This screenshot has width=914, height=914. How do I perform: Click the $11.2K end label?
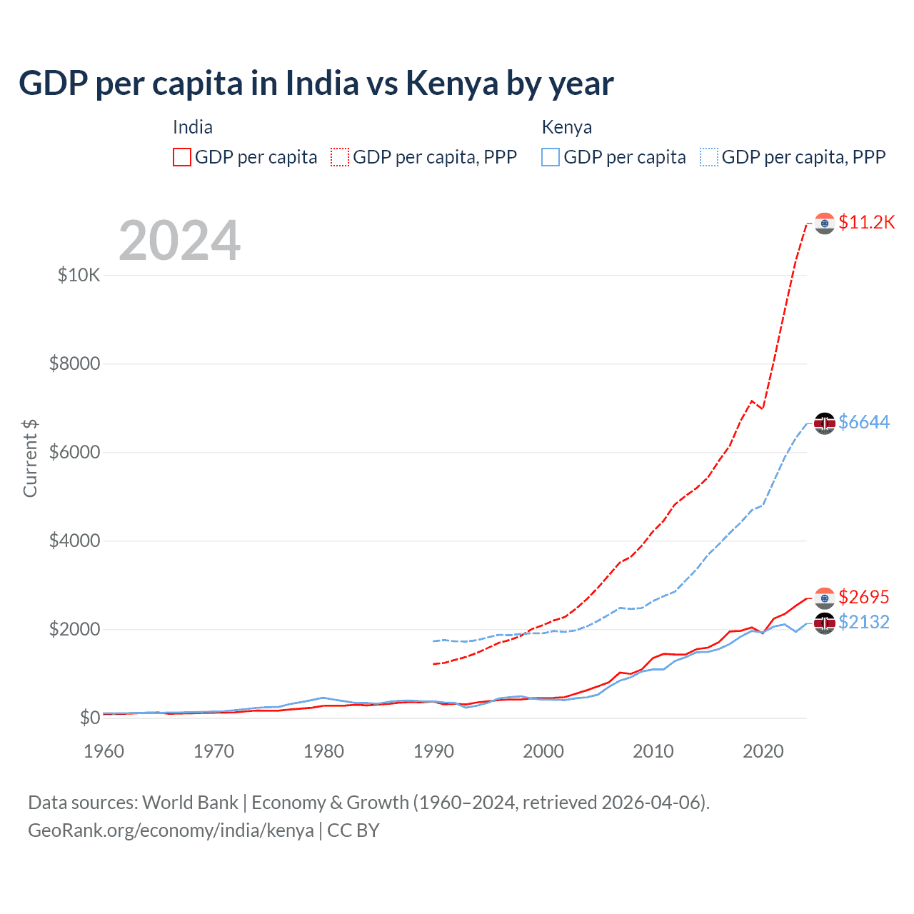866,222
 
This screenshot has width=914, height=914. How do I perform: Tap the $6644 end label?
864,422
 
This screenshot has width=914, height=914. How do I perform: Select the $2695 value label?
864,596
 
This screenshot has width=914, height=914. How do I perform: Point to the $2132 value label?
864,622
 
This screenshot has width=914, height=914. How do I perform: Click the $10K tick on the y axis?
79,275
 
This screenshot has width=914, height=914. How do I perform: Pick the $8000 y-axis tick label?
75,363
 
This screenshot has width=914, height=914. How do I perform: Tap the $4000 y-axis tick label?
75,541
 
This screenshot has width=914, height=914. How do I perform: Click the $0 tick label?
89,718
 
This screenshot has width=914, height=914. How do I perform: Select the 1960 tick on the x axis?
104,751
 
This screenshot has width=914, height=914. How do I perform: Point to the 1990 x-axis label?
433,751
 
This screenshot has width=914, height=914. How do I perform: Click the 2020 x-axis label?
763,751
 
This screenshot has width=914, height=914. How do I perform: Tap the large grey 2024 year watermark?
180,241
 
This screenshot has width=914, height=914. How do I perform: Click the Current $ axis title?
30,458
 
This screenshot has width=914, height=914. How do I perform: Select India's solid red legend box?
182,157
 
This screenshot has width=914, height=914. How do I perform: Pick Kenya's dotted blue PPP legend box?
709,157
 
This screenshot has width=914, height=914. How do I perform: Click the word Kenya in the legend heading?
567,127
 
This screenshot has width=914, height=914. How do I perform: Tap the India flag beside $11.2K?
825,223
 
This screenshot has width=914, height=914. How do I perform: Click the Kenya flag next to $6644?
825,423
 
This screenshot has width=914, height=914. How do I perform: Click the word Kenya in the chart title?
452,83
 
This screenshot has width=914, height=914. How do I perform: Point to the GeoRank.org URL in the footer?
171,830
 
